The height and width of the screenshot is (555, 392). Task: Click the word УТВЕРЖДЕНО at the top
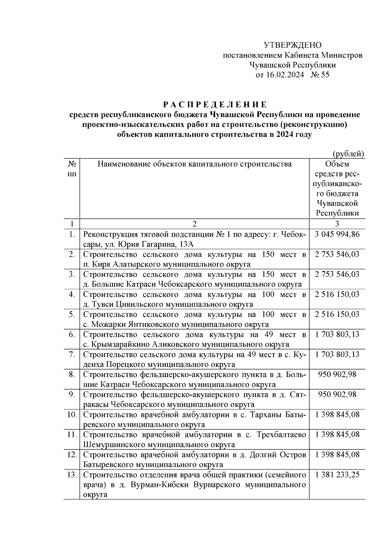[x=292, y=45]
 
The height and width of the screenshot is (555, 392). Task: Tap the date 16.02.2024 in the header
[x=285, y=75]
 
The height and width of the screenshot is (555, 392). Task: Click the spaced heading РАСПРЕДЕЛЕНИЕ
[x=215, y=105]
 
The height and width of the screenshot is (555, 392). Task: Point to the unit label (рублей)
[x=348, y=154]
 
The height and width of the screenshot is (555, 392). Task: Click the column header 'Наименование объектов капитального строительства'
[x=194, y=164]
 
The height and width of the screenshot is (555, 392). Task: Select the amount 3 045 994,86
[x=337, y=234]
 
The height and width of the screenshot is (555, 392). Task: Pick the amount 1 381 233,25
[x=337, y=475]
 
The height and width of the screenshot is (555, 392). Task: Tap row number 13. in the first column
[x=72, y=475]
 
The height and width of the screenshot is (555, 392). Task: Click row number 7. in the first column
[x=72, y=355]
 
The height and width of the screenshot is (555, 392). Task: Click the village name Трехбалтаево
[x=281, y=435]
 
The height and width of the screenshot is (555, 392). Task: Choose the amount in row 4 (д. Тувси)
[x=337, y=294]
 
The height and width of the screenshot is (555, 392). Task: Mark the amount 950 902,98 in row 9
[x=337, y=394]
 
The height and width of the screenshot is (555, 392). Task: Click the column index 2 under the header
[x=194, y=224]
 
